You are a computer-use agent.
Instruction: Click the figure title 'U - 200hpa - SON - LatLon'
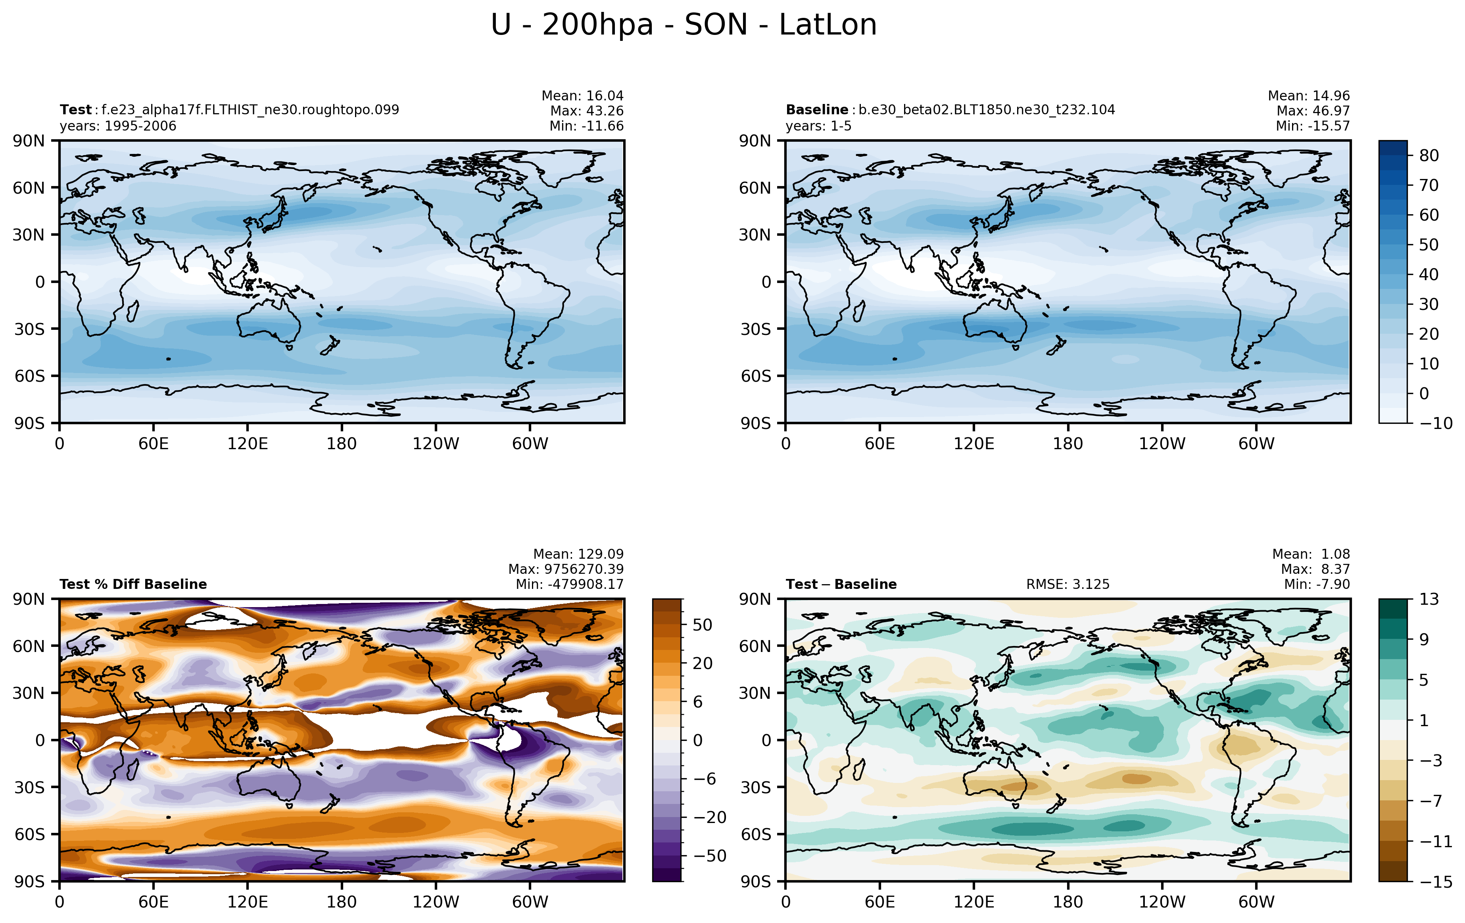click(x=684, y=25)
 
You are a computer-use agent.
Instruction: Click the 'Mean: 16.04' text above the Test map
click(x=582, y=96)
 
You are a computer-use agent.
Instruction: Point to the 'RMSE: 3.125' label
click(x=1068, y=584)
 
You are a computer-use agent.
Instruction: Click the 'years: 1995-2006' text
click(x=118, y=126)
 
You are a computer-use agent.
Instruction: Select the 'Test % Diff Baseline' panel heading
click(x=133, y=584)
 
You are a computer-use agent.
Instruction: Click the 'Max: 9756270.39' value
click(x=566, y=569)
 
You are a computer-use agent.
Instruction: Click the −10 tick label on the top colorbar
click(x=1436, y=423)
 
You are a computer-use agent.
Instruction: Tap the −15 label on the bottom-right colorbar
click(x=1436, y=882)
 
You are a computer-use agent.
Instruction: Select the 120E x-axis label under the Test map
click(x=248, y=444)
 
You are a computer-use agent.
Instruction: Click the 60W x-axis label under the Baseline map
click(x=1256, y=444)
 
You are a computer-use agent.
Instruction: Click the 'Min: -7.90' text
click(x=1317, y=584)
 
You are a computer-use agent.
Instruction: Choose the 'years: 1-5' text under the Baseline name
click(x=818, y=126)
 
